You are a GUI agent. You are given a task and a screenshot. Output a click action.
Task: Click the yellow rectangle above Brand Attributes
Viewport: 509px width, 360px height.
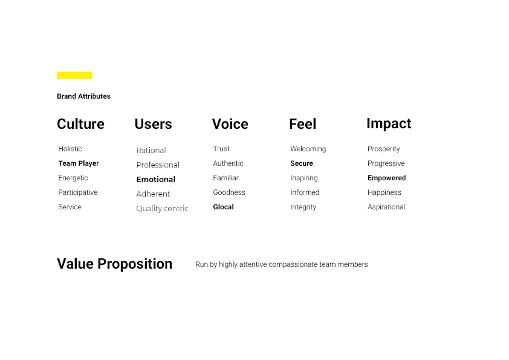tap(74, 76)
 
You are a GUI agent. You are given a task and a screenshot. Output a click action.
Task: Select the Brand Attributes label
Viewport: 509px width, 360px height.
tap(83, 96)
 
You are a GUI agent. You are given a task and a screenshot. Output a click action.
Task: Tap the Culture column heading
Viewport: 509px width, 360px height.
tap(80, 124)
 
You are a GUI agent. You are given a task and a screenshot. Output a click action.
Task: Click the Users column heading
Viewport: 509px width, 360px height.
tap(153, 124)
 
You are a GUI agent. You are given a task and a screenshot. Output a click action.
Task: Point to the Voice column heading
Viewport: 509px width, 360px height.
tap(230, 124)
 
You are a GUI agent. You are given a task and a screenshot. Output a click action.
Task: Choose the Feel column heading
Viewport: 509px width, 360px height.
tap(302, 124)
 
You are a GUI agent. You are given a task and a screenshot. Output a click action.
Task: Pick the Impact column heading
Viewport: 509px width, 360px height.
tap(389, 124)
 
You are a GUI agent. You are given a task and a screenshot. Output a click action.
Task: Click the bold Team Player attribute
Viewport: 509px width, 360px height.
tap(79, 163)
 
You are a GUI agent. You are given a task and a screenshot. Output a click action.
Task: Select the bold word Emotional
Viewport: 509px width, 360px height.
tap(156, 179)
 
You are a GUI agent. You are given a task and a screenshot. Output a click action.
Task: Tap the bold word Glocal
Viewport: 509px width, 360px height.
tap(223, 207)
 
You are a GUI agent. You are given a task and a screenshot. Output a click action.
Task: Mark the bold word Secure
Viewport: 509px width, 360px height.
tap(302, 163)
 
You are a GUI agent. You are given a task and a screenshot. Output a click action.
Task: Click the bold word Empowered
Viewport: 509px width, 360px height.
tap(387, 178)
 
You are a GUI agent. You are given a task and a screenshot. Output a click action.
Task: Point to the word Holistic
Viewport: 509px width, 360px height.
tap(70, 149)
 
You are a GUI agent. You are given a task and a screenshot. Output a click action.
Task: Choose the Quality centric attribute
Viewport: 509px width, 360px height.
tap(162, 209)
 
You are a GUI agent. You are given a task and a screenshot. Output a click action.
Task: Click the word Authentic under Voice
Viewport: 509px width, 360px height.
tap(229, 163)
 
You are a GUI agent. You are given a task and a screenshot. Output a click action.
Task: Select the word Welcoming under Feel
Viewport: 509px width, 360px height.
tap(308, 149)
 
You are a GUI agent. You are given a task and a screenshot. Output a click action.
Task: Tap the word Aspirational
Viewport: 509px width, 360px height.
tap(386, 207)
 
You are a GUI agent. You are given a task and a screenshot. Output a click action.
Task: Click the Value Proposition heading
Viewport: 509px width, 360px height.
tap(115, 264)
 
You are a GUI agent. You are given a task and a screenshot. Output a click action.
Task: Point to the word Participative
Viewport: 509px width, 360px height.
tap(78, 192)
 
